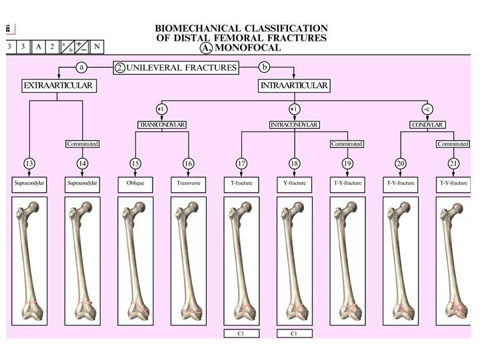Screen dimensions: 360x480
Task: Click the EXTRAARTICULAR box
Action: pos(57,85)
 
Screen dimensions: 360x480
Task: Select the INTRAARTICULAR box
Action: pos(293,85)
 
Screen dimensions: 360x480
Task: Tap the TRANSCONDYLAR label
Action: pos(161,125)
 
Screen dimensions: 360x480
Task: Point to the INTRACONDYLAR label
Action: pos(294,125)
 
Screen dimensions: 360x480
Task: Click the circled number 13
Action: pos(29,163)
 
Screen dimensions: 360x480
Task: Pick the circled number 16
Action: pos(189,163)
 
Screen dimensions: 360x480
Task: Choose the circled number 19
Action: pos(347,163)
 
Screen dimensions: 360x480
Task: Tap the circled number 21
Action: pos(453,163)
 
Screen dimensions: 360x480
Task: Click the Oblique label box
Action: pos(135,183)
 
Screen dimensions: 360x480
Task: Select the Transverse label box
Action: pos(189,183)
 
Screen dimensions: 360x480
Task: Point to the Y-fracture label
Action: pos(294,183)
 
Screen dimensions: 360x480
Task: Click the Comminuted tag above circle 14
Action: pos(83,144)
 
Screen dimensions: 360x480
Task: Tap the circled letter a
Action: pos(82,67)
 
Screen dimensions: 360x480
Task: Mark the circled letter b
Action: pos(265,67)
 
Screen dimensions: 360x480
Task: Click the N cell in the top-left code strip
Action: pos(97,47)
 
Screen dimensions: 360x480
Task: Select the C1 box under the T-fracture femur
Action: pos(241,333)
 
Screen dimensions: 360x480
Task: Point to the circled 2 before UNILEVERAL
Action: pos(119,67)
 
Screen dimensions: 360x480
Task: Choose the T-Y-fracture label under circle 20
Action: pos(400,183)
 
